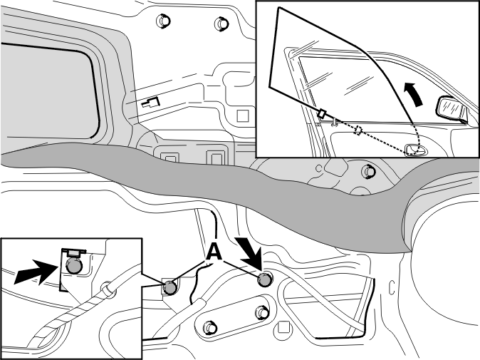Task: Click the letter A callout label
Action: tap(214, 252)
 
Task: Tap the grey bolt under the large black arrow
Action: tap(264, 279)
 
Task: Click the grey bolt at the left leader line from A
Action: tap(170, 287)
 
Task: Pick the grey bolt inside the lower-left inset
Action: tap(74, 265)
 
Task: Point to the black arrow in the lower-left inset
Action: tap(36, 272)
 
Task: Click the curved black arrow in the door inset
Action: tap(413, 94)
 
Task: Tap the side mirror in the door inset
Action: tap(452, 110)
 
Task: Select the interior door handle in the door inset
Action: tap(416, 150)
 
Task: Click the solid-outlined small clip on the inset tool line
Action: tap(321, 113)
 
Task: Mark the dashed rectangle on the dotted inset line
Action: tap(358, 130)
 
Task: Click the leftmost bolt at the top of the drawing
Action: tap(163, 21)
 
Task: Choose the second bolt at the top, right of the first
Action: tap(221, 24)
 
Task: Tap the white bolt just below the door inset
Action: tap(369, 172)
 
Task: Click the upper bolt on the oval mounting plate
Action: tap(262, 312)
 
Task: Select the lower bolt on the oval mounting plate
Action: tap(210, 328)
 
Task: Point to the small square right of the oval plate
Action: tap(283, 327)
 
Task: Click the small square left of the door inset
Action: tap(243, 116)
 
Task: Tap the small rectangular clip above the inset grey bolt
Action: tap(74, 253)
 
